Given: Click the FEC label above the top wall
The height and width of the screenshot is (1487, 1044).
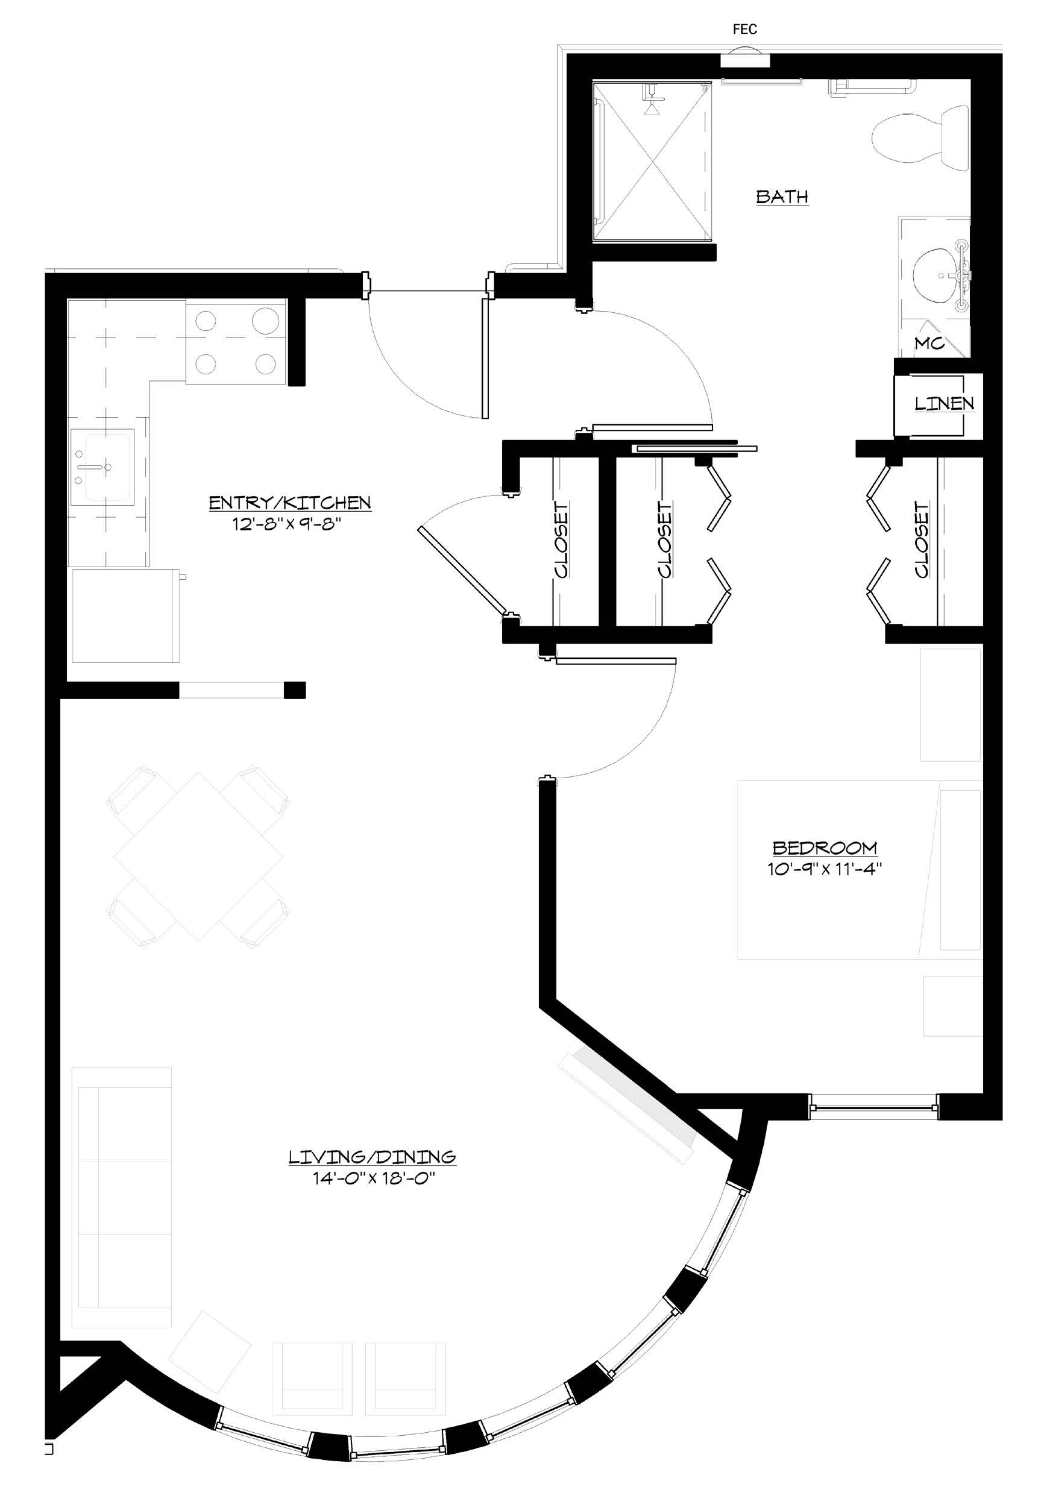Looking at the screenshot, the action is (745, 29).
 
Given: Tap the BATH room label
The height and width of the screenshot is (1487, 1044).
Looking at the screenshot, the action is (782, 197).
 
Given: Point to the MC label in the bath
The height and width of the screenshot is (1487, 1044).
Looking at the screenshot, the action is (929, 343).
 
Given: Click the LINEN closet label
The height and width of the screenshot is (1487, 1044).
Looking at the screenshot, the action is (945, 403).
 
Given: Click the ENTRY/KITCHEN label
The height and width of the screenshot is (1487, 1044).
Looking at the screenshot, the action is (289, 503).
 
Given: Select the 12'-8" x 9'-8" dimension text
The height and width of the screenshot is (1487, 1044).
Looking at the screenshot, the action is (287, 524).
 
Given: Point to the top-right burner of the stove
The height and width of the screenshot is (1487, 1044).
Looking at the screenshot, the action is (265, 319).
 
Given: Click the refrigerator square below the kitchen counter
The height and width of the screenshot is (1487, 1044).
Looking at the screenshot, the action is (125, 616).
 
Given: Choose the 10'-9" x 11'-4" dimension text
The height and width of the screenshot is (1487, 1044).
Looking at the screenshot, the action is (825, 869).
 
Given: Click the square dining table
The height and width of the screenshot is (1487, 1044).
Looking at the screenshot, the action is (199, 856).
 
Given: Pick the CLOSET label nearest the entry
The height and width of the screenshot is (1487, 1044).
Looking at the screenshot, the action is (561, 539).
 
